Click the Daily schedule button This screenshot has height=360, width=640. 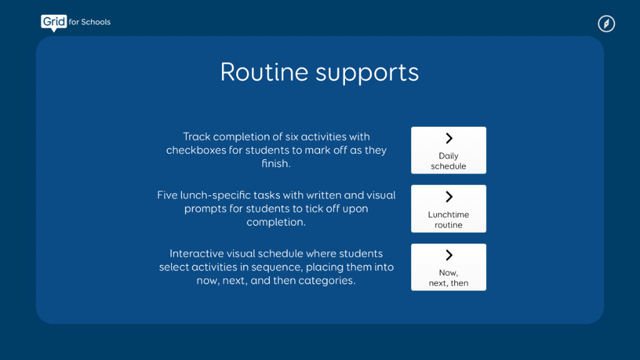pos(448,150)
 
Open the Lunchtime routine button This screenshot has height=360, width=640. pos(448,209)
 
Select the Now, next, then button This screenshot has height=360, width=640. pos(448,267)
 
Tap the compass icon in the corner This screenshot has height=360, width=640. pos(606,24)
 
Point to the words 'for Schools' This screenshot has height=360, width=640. pos(89,22)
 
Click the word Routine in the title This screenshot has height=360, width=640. pos(264,72)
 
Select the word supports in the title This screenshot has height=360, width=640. pos(367,74)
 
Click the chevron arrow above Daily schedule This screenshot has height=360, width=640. pos(449,138)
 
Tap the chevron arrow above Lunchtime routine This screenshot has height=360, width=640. pos(449,197)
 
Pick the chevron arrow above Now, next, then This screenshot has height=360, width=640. pos(449,255)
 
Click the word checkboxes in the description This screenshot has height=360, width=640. pos(196,150)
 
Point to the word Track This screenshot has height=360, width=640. pos(197,137)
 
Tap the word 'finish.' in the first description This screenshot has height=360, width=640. pos(276,164)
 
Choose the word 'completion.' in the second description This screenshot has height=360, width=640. pos(276,222)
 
